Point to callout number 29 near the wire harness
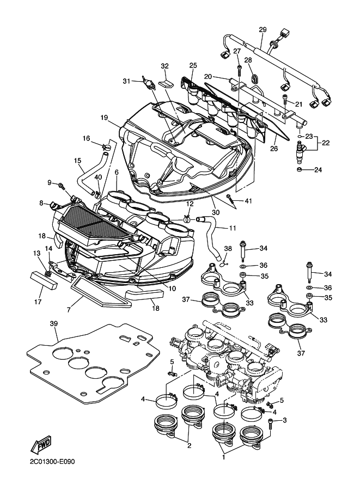[x=263, y=29]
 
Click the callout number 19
[x=105, y=118]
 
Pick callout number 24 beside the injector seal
[x=318, y=170]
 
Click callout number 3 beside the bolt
[x=284, y=420]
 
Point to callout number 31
[x=126, y=81]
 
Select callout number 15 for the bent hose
[x=77, y=161]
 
